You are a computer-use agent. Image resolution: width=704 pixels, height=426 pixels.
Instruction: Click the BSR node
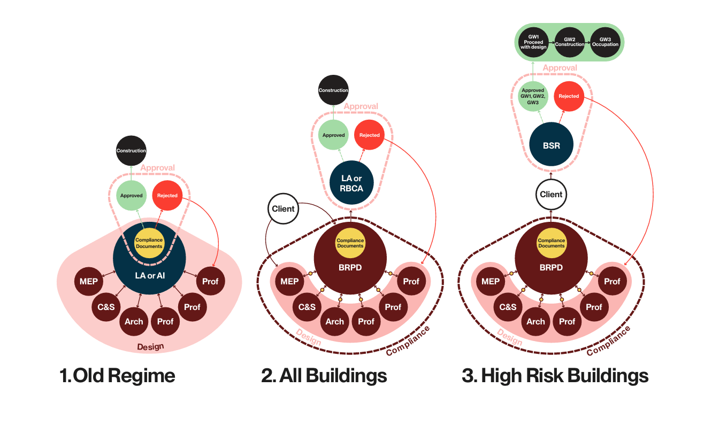551,145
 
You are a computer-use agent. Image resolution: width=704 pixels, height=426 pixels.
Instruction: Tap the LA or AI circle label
149,274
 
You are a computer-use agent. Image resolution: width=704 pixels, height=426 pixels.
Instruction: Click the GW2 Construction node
569,42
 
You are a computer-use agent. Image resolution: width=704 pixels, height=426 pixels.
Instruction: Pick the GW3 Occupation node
605,42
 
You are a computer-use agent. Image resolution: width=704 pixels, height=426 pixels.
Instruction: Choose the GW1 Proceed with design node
533,42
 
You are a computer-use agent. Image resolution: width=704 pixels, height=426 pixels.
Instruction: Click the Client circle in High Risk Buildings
551,195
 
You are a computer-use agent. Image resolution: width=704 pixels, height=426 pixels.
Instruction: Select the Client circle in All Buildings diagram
283,208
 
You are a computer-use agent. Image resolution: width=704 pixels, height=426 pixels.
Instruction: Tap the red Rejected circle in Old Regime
167,196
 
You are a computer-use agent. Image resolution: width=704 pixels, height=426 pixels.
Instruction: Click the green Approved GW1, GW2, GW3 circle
533,96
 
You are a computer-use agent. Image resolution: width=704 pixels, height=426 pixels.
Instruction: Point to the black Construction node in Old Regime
131,151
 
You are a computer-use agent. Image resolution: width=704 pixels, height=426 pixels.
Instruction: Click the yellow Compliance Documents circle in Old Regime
149,243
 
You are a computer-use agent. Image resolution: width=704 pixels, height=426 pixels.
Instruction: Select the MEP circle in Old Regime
89,281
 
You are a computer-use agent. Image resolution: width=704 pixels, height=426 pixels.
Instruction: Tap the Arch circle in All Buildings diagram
334,321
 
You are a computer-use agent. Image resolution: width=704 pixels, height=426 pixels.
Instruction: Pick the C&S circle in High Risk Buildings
508,307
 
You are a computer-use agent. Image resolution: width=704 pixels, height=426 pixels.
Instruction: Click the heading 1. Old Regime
117,376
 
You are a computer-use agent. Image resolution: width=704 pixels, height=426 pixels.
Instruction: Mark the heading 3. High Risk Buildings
555,376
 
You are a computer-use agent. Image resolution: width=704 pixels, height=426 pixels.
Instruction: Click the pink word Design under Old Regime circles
150,347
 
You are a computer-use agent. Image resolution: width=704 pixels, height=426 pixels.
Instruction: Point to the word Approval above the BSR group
560,68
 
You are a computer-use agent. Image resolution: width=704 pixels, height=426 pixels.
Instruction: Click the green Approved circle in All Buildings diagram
333,135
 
